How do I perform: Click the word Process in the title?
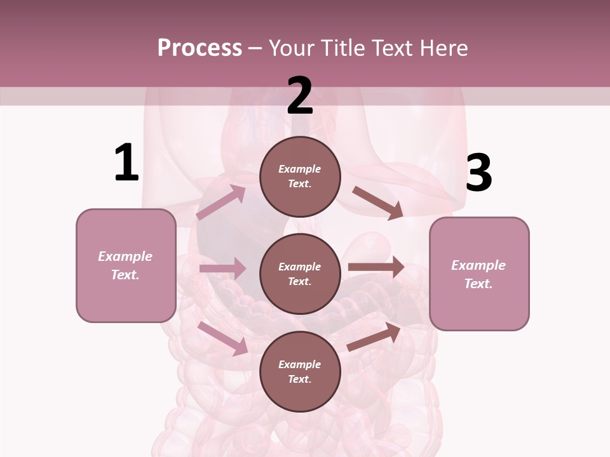coord(200,48)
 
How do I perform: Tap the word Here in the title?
coord(440,48)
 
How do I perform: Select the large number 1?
coord(126,163)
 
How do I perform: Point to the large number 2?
coord(300,96)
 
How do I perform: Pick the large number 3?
coord(478,173)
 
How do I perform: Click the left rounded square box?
coord(126,265)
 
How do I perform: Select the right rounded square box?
coord(479,274)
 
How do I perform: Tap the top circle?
coord(300,176)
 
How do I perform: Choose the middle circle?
coord(300,274)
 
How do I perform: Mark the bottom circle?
coord(300,371)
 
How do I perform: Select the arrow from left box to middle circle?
coord(222,268)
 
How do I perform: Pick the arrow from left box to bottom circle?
coord(223,338)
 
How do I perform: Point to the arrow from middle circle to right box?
coord(376,267)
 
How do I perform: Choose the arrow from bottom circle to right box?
coord(374,336)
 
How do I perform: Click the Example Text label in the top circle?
coord(300,176)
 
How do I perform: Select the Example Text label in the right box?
coord(478,274)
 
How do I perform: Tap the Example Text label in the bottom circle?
coord(300,372)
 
